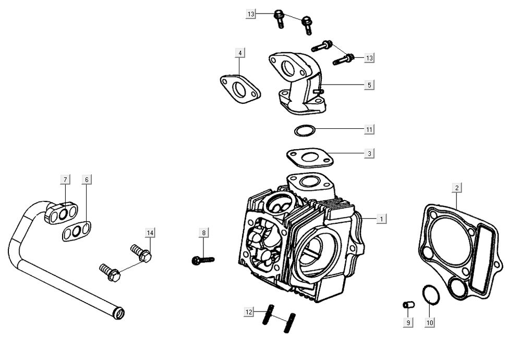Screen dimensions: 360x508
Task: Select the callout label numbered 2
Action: (x=457, y=187)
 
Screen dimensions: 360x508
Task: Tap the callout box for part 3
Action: (x=369, y=154)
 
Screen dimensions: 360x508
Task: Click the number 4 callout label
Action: (x=239, y=53)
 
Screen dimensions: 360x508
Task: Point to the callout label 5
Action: (x=369, y=85)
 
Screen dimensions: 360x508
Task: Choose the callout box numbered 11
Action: (x=369, y=129)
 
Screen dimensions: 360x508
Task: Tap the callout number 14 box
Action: (x=150, y=233)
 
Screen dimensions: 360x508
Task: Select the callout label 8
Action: (x=204, y=233)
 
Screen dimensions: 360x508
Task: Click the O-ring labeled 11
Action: (x=305, y=130)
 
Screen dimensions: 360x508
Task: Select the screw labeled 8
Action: (x=202, y=259)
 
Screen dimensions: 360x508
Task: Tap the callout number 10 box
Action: (x=429, y=323)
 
